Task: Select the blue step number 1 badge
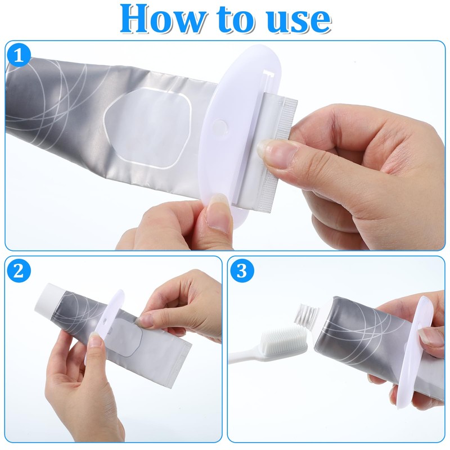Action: pos(19,56)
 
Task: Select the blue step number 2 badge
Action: pos(19,271)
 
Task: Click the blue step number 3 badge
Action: pos(241,271)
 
